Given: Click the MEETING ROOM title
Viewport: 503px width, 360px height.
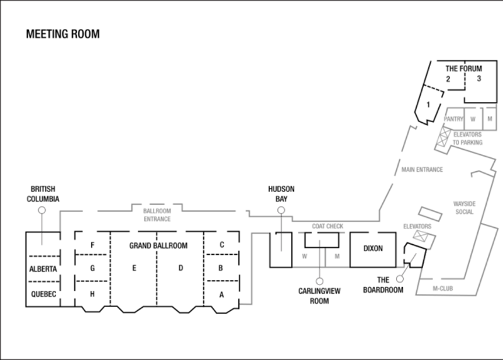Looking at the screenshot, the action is [x=63, y=34].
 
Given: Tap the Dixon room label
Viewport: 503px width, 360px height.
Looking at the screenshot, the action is [x=373, y=248].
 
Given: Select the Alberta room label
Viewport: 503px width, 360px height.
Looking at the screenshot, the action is [x=43, y=269].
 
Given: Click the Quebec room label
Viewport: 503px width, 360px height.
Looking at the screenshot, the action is [x=43, y=294].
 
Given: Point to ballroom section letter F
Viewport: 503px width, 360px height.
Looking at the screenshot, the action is [x=92, y=245].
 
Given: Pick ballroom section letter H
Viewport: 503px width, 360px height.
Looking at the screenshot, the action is [x=92, y=294].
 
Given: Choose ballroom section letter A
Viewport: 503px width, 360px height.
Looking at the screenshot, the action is [x=221, y=295].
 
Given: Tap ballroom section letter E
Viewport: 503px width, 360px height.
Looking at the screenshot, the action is [x=134, y=268].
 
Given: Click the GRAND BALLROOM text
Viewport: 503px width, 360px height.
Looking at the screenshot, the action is [x=158, y=245].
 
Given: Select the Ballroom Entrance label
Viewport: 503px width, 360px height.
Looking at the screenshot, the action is [x=157, y=215].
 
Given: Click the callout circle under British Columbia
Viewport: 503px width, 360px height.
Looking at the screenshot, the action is [x=41, y=210].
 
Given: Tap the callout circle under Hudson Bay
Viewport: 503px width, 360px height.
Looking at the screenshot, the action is [x=281, y=210].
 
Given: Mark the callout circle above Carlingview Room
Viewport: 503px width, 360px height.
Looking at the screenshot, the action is [x=319, y=281].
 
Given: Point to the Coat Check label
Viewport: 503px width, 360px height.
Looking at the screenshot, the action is [x=328, y=227].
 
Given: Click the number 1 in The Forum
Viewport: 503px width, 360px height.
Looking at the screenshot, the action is [x=428, y=104].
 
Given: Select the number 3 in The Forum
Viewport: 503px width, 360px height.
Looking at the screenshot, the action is [x=479, y=79].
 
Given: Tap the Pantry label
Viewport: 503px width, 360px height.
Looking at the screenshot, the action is [x=453, y=119].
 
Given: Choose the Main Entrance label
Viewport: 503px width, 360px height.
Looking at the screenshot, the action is [x=422, y=169].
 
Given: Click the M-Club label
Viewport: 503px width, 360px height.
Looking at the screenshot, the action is [x=443, y=288].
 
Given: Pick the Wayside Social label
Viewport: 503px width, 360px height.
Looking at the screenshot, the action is [x=464, y=208].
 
